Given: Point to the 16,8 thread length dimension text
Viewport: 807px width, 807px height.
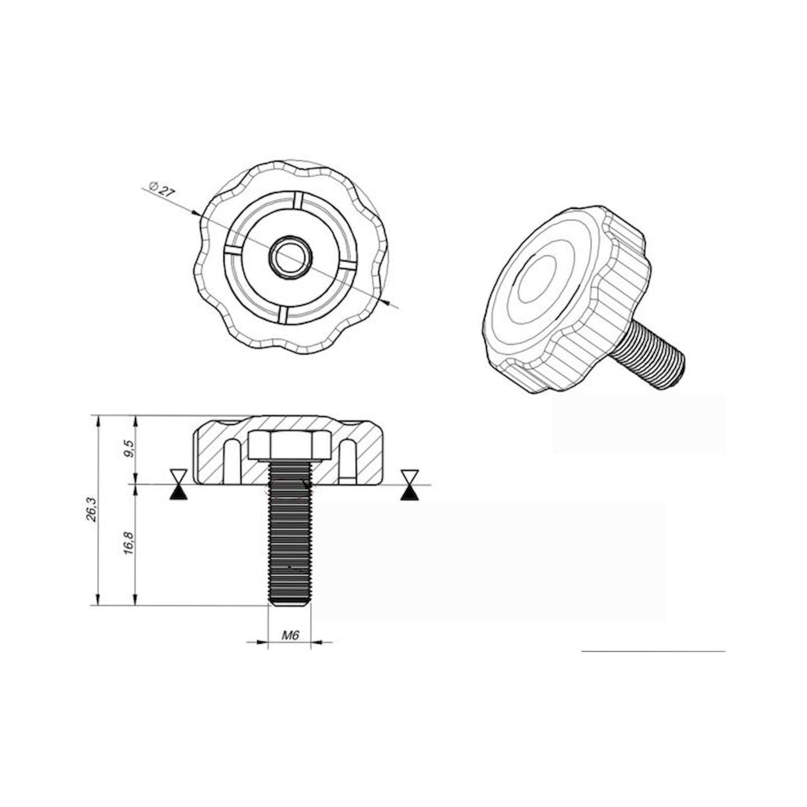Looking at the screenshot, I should coord(129,543).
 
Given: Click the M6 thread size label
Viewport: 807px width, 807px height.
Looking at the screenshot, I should coord(290,636).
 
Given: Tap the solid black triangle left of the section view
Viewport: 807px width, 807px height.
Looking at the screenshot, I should coord(179,494).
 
